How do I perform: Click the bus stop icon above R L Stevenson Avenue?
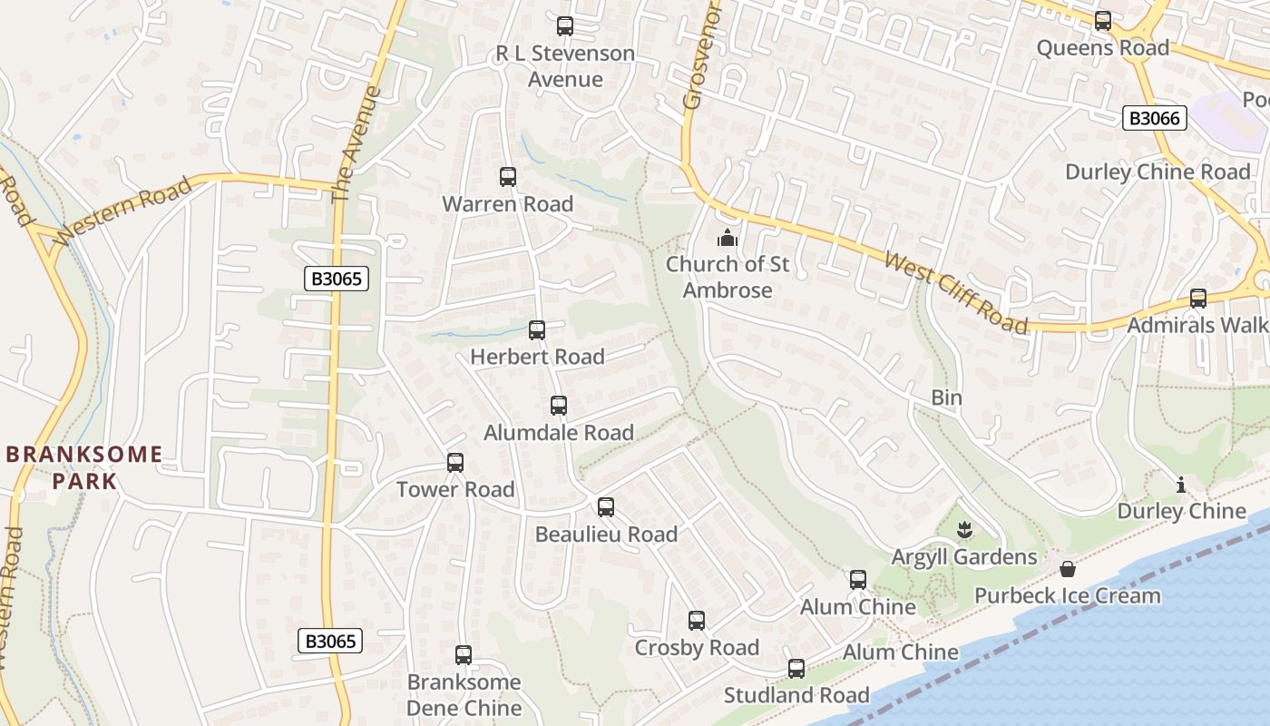click(565, 26)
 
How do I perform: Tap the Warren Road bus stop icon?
click(508, 177)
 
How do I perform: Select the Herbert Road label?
click(537, 357)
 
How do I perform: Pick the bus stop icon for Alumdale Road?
click(559, 406)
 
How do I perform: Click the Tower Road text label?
click(455, 490)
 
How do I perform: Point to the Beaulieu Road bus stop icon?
click(606, 507)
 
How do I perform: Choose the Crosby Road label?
click(697, 648)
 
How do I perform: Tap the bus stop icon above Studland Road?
click(796, 669)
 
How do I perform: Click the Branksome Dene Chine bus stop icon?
click(464, 654)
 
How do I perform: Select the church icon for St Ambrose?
click(727, 239)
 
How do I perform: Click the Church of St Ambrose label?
click(728, 278)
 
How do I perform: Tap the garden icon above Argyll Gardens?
click(964, 529)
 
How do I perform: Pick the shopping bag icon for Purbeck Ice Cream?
click(1068, 569)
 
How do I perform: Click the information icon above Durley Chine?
click(1181, 486)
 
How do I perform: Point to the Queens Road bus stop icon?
click(1103, 21)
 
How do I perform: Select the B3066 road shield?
click(1155, 118)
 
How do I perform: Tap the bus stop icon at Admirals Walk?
click(1198, 299)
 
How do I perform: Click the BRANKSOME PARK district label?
click(84, 467)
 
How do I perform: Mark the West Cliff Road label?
click(956, 293)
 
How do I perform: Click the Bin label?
click(946, 397)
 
